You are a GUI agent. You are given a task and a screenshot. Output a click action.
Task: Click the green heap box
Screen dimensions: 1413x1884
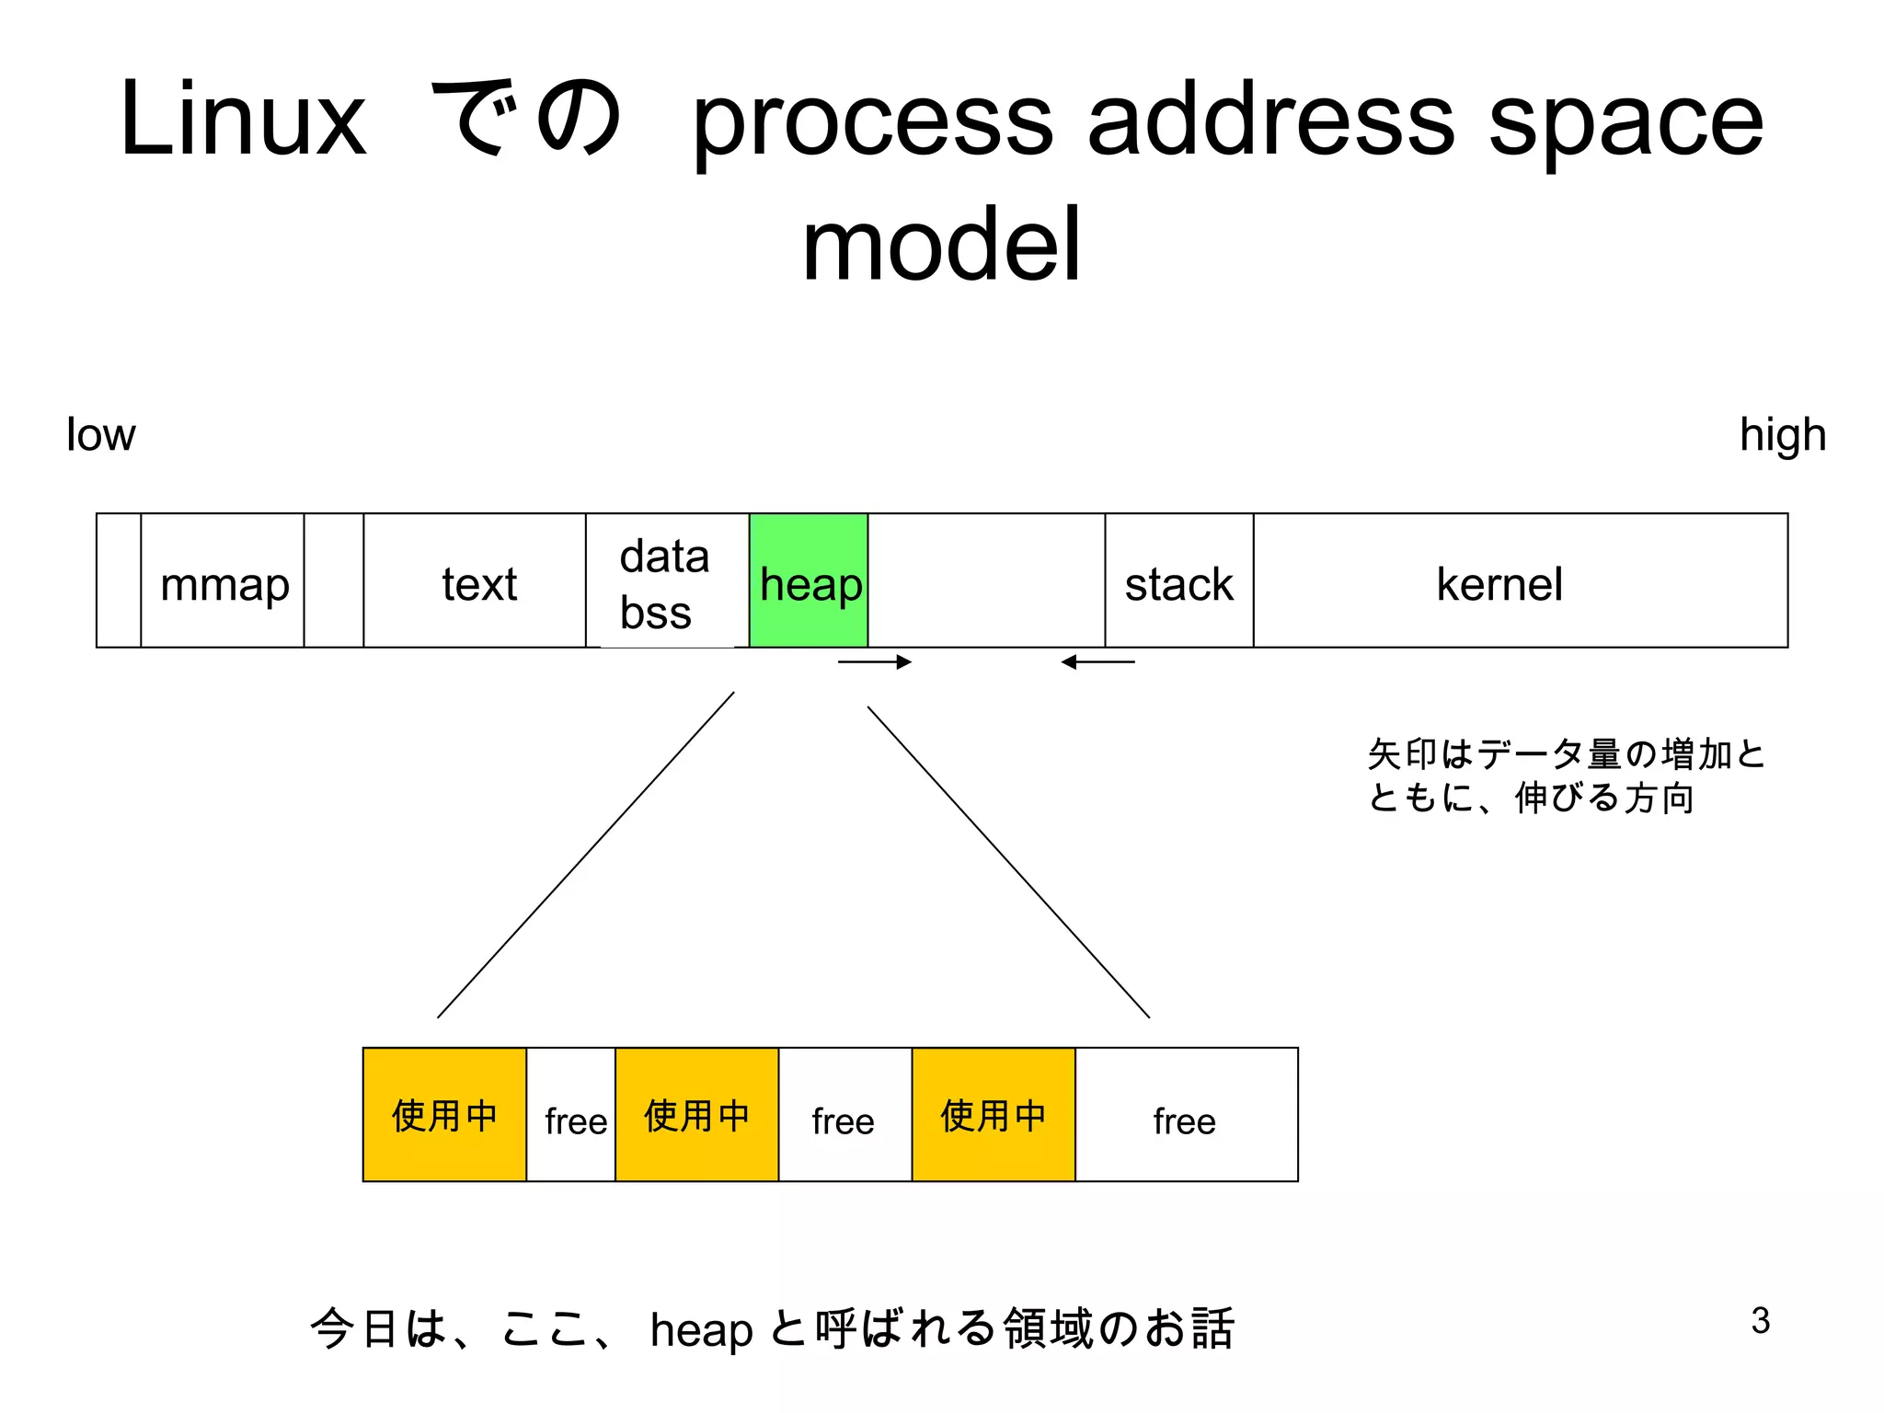809,581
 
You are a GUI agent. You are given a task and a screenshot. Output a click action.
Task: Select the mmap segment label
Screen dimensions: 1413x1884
224,585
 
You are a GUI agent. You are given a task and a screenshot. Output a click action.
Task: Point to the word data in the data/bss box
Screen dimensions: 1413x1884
664,557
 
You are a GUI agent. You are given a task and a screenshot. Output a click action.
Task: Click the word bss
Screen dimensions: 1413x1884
655,613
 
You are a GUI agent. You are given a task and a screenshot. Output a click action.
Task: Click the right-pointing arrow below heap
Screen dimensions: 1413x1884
874,661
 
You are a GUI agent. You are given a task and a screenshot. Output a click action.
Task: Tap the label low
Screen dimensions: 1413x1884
100,434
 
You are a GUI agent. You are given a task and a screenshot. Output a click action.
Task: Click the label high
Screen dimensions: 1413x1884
1782,434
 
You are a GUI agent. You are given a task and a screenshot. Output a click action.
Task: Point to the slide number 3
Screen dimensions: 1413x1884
1760,1320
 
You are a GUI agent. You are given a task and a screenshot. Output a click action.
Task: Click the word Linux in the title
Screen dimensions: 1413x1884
243,120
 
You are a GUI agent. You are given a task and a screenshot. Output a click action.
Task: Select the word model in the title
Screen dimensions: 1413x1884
941,245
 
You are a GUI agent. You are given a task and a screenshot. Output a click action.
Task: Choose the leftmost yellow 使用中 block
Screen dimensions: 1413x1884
444,1114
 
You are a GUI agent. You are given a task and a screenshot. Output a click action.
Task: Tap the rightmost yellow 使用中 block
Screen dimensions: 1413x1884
993,1114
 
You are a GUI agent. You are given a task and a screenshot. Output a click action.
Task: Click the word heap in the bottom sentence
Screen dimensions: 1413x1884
701,1330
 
